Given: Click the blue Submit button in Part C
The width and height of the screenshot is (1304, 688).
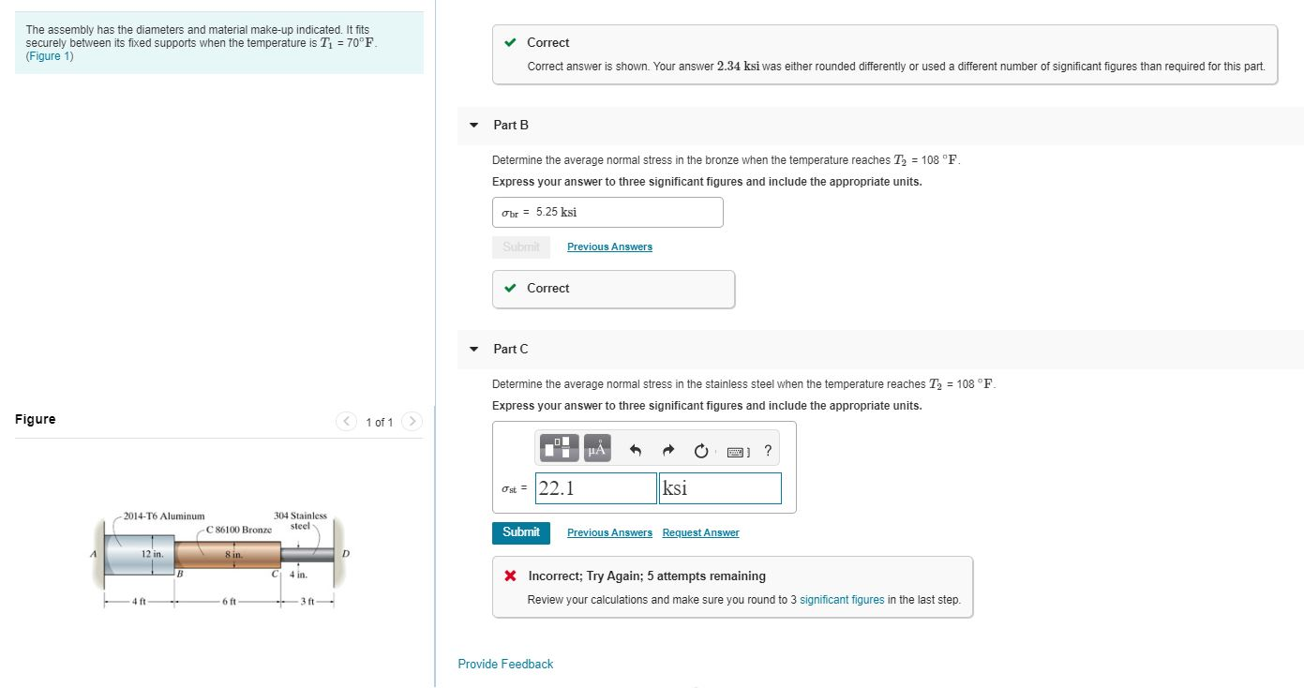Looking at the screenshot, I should (x=520, y=532).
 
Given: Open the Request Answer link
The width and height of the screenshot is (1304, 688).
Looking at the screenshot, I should (x=700, y=533).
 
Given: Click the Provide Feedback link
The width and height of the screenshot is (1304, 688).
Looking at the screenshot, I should (x=505, y=664).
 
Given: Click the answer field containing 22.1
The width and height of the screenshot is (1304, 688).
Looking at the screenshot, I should (x=596, y=488).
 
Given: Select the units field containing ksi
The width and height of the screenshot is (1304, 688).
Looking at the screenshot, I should (x=719, y=488).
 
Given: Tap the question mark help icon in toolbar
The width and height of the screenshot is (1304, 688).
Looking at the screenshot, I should (x=768, y=451).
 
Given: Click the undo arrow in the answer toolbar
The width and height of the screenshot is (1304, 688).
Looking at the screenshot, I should (x=636, y=451).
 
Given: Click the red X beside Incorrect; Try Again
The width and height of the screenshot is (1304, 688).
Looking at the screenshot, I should (x=510, y=576).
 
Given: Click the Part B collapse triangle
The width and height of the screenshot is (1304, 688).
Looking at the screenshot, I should (x=474, y=125).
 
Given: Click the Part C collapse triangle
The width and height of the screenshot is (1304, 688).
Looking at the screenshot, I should (x=474, y=349).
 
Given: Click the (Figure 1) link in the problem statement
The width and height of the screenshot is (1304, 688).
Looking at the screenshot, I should (x=50, y=56).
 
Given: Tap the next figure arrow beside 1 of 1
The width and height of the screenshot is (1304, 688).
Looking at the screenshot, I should (x=412, y=422).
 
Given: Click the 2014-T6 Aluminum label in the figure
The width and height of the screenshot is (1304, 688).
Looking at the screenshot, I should (x=164, y=516).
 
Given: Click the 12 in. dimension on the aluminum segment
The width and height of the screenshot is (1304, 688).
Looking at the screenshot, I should (x=152, y=555).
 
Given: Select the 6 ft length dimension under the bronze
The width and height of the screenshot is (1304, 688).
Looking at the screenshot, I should (x=228, y=602).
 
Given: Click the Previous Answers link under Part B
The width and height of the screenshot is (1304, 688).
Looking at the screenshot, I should (x=609, y=247).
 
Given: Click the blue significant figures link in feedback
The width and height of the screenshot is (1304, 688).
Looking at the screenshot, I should (x=841, y=600).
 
